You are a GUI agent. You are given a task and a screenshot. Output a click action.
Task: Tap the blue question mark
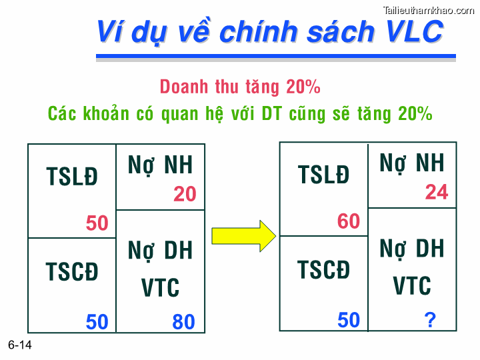430,321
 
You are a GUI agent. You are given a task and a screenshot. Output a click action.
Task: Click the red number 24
437,193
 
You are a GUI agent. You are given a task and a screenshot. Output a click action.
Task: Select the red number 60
349,221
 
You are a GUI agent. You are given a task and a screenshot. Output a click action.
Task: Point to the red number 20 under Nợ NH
185,194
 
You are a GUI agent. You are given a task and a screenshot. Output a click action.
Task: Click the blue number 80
183,322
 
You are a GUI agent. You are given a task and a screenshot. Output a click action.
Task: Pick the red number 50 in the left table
97,223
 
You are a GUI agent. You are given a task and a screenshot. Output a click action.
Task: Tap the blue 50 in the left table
97,322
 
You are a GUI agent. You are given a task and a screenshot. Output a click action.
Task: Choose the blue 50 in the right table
349,320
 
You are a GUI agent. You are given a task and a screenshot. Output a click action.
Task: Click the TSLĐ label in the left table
72,177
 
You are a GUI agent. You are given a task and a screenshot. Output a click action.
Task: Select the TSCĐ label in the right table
324,270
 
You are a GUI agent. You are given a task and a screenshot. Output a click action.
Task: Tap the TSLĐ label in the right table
324,175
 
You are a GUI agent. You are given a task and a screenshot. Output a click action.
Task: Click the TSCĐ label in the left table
72,272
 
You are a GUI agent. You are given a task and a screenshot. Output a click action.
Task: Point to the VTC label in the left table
160,288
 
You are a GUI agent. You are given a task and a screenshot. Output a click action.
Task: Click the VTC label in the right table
412,286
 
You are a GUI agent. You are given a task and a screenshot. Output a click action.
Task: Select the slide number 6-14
20,345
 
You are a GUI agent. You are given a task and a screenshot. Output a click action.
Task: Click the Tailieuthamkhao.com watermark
428,9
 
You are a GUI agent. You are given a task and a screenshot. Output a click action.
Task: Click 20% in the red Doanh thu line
303,87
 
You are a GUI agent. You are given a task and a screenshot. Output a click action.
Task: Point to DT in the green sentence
271,113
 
